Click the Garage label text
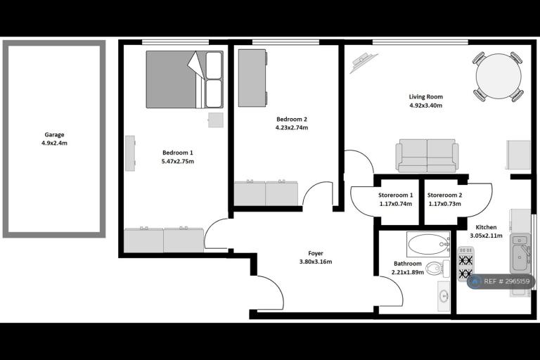click(x=54, y=135)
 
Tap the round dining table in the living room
click(x=499, y=76)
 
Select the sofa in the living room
click(x=427, y=155)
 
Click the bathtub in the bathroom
click(x=428, y=244)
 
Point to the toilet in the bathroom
click(x=437, y=269)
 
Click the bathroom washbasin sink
click(x=444, y=295)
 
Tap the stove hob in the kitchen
click(x=466, y=264)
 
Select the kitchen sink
click(x=520, y=252)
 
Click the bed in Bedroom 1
click(x=185, y=79)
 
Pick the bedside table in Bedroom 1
click(x=216, y=120)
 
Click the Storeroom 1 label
click(x=395, y=195)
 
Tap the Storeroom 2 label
click(x=444, y=195)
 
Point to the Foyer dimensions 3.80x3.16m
click(x=316, y=262)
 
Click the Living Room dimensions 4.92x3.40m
click(x=425, y=105)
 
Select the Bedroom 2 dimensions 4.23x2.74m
click(x=292, y=128)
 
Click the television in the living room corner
click(x=364, y=63)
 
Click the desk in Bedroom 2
click(x=253, y=78)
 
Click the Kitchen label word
click(x=486, y=227)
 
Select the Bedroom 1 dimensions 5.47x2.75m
click(x=178, y=161)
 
